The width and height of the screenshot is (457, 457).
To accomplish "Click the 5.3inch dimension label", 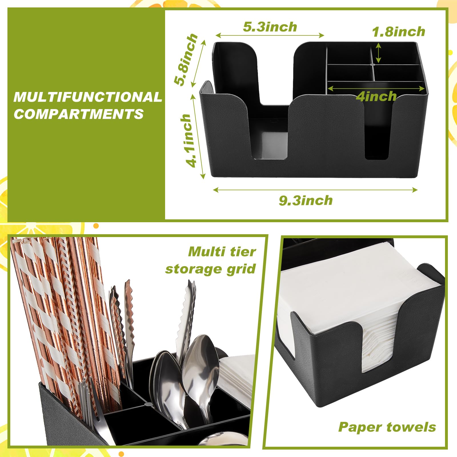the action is (270, 27).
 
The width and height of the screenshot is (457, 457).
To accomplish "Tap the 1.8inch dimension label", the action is (398, 31).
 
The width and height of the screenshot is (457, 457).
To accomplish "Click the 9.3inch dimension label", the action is (306, 201).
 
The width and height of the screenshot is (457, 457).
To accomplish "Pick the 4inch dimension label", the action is (376, 96).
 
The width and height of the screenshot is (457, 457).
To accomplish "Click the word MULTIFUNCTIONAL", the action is (88, 97).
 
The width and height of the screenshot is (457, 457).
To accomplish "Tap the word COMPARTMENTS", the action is (79, 114).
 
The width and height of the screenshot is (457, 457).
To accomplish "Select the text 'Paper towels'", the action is (387, 427).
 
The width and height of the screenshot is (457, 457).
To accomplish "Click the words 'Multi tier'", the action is (222, 252).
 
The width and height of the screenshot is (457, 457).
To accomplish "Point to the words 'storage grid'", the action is (210, 269).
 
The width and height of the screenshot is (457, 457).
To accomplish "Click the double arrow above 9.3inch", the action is (315, 190).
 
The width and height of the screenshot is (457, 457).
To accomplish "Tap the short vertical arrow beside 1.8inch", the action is (378, 53).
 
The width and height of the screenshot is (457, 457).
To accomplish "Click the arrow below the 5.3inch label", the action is (270, 35).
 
